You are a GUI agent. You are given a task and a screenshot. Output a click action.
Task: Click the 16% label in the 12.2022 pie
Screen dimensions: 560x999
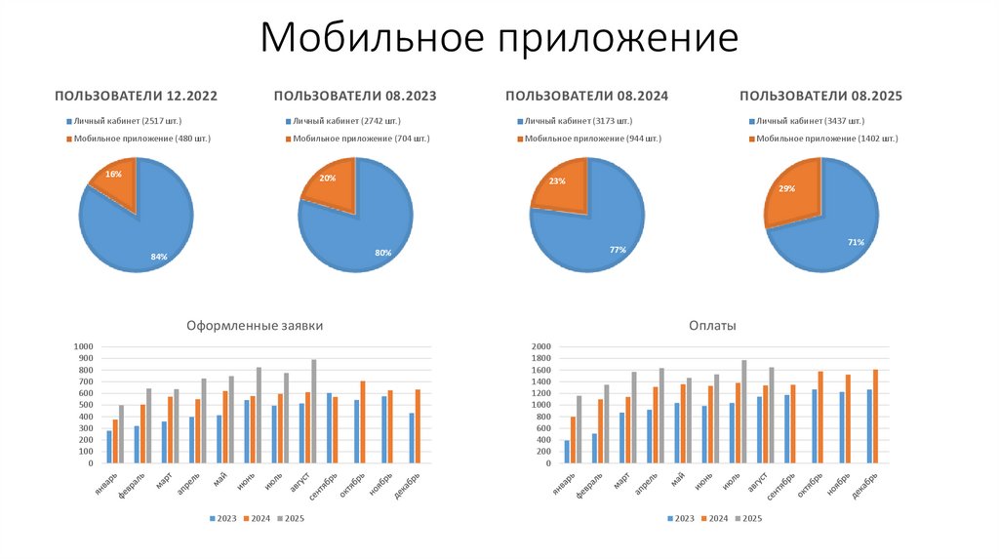coord(113,174)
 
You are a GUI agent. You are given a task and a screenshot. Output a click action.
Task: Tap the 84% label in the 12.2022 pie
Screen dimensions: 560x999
coord(158,257)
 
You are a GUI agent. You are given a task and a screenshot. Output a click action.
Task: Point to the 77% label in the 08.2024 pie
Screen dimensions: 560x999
coord(617,250)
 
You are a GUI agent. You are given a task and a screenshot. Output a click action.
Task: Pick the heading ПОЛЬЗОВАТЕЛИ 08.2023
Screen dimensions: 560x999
coord(354,96)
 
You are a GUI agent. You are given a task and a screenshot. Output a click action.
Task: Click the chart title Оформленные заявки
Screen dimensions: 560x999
coord(254,326)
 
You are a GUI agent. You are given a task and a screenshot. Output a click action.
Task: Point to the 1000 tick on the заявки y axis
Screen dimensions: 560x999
coord(82,346)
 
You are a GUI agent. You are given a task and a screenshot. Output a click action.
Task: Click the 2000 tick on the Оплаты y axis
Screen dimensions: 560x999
coord(541,346)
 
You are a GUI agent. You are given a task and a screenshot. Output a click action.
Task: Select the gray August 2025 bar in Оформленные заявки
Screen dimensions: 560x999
coord(313,411)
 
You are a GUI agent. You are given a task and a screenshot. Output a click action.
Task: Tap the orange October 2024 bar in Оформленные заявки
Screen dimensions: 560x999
coord(363,421)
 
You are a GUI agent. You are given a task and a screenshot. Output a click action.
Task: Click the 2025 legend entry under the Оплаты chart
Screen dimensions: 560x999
coord(747,518)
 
